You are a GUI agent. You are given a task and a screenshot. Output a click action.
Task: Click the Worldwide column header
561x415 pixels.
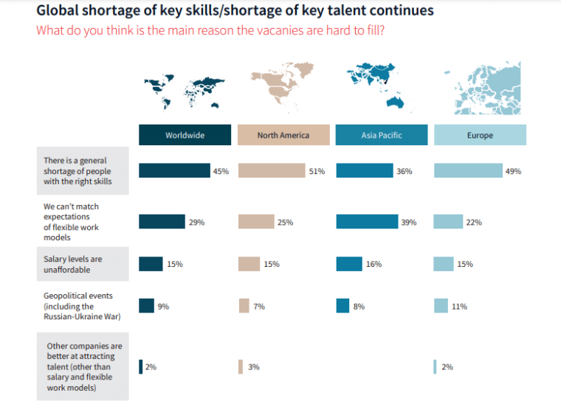(x=185, y=136)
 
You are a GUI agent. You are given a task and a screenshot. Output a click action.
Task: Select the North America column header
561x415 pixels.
(x=283, y=136)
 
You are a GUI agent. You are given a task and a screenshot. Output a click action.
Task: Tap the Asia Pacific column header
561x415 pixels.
(x=381, y=136)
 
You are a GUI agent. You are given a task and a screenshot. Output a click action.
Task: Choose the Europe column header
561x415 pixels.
(x=479, y=136)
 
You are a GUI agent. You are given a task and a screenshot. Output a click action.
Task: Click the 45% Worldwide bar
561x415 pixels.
(x=174, y=171)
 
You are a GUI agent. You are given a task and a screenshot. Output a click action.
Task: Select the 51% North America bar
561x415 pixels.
(x=271, y=171)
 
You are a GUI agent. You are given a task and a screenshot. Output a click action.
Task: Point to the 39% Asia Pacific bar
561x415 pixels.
(x=366, y=222)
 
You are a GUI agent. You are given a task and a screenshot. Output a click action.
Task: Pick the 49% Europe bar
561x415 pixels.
(x=468, y=171)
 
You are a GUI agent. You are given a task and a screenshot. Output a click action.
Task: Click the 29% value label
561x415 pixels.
(x=196, y=223)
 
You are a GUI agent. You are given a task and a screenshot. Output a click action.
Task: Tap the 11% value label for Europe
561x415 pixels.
(x=459, y=307)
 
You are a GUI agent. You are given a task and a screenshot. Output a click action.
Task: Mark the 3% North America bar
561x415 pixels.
(x=241, y=366)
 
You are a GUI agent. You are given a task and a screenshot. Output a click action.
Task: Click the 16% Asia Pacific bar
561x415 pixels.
(x=349, y=264)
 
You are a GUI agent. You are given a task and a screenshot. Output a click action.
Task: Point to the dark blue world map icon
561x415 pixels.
(x=183, y=91)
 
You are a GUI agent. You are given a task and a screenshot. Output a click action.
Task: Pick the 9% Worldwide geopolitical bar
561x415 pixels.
(x=146, y=306)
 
